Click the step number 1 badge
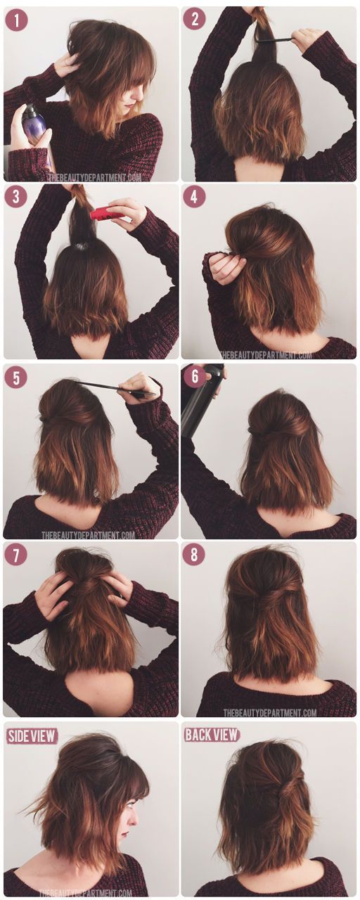16,20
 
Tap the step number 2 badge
194,19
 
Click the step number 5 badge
16,378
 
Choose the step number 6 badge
194,378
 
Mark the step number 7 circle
16,555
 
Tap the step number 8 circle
194,555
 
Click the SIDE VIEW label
32,736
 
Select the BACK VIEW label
212,735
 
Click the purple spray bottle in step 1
33,124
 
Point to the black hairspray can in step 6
200,404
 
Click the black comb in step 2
274,39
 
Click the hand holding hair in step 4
226,268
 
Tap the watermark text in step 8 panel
270,712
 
